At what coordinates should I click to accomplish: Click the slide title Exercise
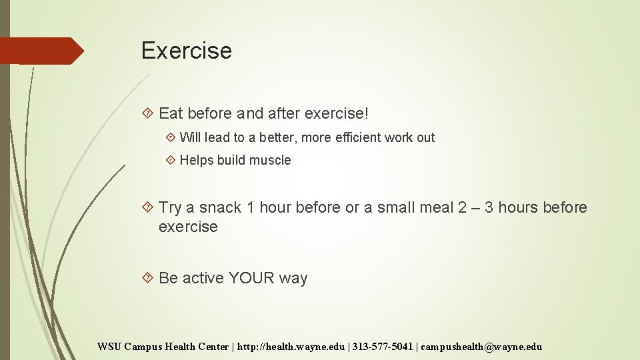tap(187, 51)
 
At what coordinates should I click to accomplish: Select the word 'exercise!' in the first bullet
tap(336, 113)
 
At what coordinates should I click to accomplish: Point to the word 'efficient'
tap(360, 137)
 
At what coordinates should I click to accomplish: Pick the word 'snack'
tap(221, 207)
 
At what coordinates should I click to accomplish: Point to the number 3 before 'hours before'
tap(489, 207)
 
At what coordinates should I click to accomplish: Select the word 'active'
tap(203, 278)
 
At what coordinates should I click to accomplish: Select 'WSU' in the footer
tap(109, 347)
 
